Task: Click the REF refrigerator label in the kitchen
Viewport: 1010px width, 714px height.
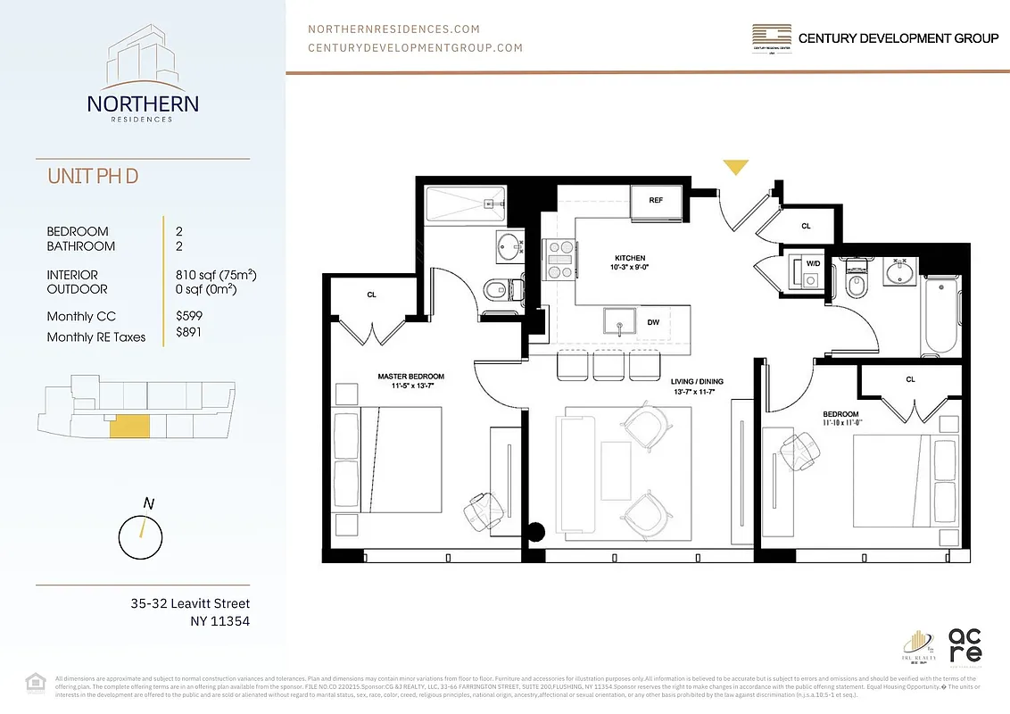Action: click(x=656, y=201)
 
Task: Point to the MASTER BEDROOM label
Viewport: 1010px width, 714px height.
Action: click(x=410, y=377)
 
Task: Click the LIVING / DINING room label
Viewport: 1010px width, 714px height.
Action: click(x=697, y=382)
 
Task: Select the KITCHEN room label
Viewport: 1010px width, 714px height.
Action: click(x=630, y=258)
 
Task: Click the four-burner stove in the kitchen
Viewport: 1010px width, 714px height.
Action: click(x=559, y=261)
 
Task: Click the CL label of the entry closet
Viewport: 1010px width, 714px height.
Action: click(x=806, y=227)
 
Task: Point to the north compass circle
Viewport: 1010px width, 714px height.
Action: click(x=141, y=535)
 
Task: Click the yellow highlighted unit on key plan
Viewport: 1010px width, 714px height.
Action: click(x=128, y=427)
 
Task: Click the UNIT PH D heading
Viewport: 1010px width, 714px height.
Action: click(x=93, y=176)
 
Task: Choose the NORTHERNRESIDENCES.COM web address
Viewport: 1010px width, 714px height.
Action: click(x=393, y=29)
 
